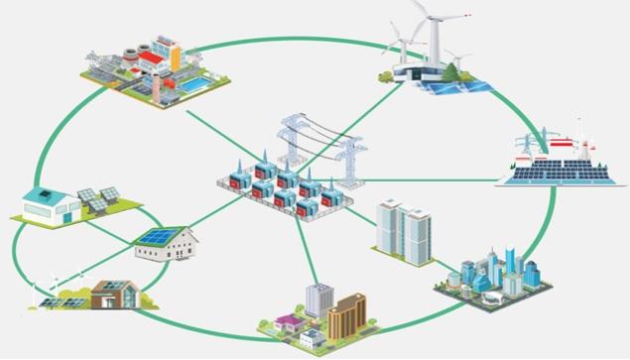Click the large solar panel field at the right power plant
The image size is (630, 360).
point(551,176)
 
